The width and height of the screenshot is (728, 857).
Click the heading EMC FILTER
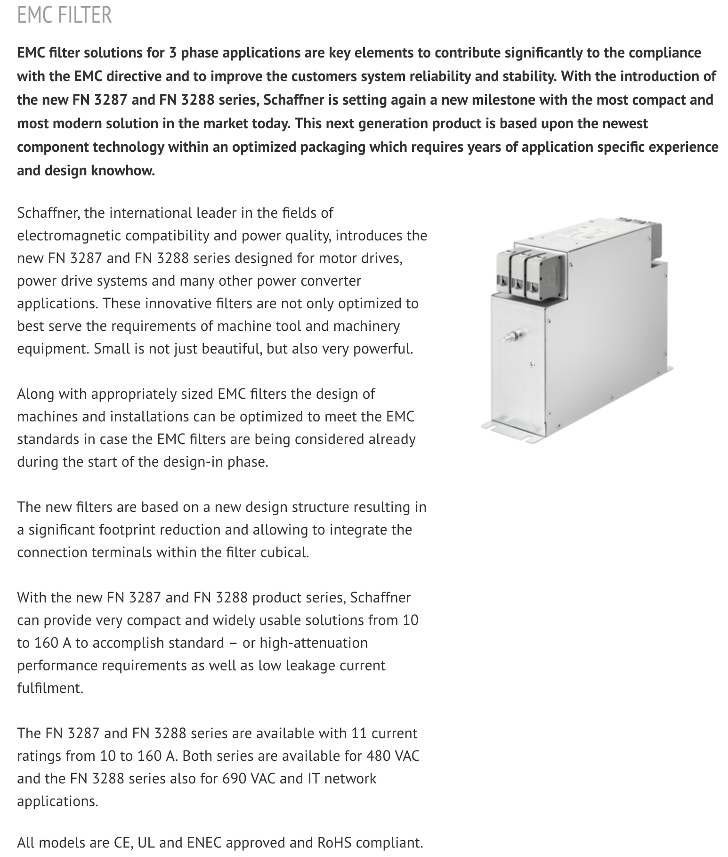coord(65,15)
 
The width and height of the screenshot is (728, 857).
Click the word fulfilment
coord(50,688)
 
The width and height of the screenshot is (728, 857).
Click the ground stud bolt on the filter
coord(510,337)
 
